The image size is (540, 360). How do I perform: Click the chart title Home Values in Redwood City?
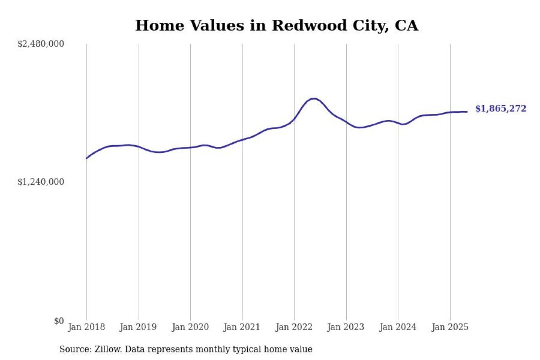pyautogui.click(x=276, y=25)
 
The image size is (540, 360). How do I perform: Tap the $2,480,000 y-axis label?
pyautogui.click(x=40, y=44)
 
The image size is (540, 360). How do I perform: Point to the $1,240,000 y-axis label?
pyautogui.click(x=40, y=182)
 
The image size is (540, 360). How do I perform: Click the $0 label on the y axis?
pyautogui.click(x=59, y=321)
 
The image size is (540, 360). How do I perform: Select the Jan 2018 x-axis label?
pyautogui.click(x=86, y=327)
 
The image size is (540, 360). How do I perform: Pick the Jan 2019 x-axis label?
pyautogui.click(x=138, y=327)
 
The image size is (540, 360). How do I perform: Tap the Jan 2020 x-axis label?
pyautogui.click(x=190, y=327)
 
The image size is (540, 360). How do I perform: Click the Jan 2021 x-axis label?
pyautogui.click(x=242, y=327)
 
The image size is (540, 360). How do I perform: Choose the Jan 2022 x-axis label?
pyautogui.click(x=294, y=327)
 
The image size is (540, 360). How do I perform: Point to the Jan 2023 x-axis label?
pyautogui.click(x=346, y=327)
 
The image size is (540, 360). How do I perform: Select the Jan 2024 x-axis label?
pyautogui.click(x=398, y=327)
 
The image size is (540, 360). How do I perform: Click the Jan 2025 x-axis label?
pyautogui.click(x=450, y=327)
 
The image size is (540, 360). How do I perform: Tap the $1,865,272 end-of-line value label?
pyautogui.click(x=501, y=109)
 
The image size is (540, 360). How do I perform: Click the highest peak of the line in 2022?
pyautogui.click(x=313, y=98)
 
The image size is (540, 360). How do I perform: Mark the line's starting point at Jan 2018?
pyautogui.click(x=86, y=158)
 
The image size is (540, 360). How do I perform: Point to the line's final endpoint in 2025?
pyautogui.click(x=467, y=112)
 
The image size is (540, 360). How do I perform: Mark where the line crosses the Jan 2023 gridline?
pyautogui.click(x=346, y=122)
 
